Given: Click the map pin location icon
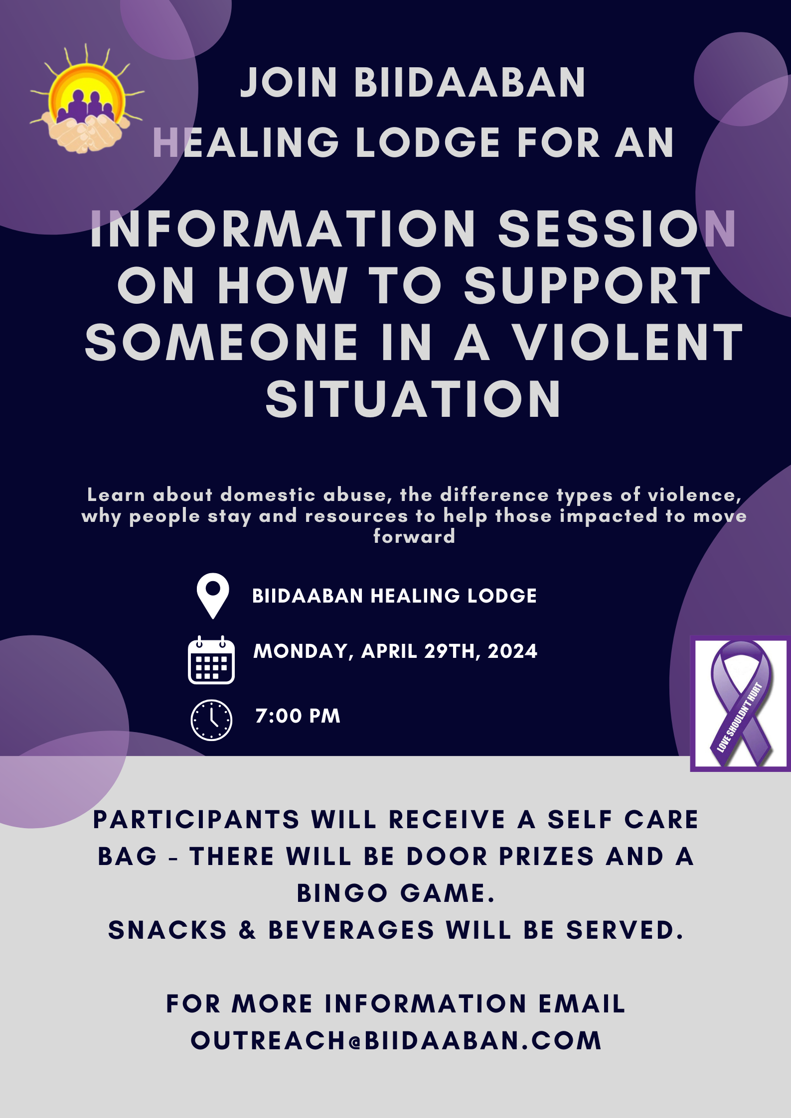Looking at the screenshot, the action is pos(213,596).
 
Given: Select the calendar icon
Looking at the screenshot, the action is pos(211,660).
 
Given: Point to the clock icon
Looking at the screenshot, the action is pos(211,720).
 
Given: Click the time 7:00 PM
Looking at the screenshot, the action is pos(298,716).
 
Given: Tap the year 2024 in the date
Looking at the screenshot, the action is pos(512,651).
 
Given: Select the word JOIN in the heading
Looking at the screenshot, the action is pos(289,83).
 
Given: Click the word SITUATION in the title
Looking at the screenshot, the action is pos(414,399).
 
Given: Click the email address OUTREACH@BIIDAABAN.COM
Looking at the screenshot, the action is pos(396,1041).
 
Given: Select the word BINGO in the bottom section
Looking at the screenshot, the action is pos(342,893).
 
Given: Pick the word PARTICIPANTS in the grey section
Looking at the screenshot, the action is pos(196,820).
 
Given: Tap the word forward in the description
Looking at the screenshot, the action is pos(414,536).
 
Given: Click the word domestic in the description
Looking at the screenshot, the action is pos(268,495).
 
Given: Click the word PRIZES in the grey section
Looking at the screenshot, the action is pos(547,857).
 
